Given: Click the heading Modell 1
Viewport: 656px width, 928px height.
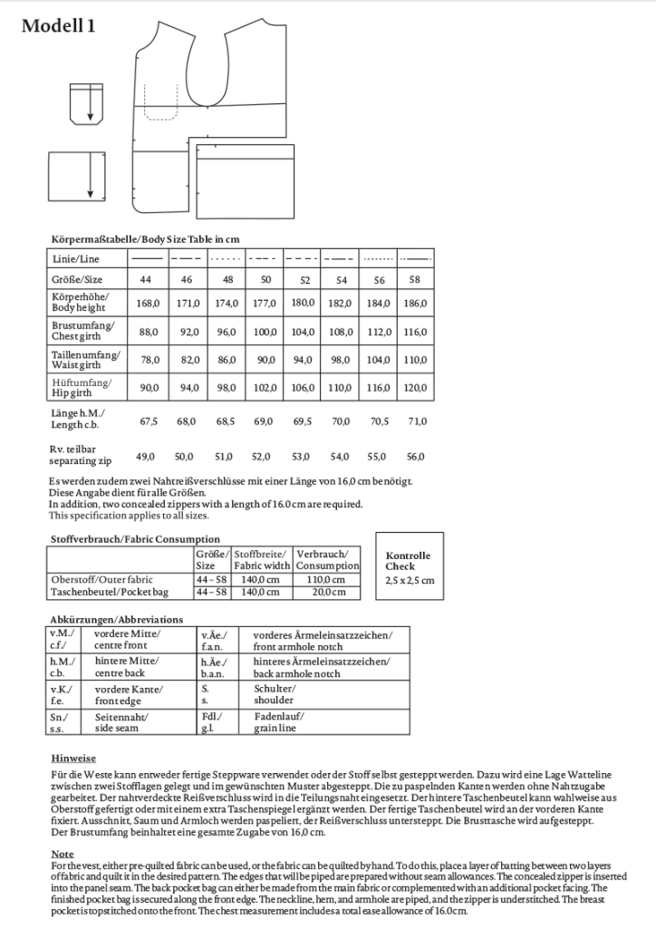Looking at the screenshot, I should [x=58, y=26].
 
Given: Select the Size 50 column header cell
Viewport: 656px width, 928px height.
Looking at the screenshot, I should [x=265, y=280].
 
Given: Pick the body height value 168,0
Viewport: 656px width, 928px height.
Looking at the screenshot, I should [x=148, y=302].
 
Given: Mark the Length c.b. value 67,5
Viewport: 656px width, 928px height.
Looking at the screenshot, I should [x=148, y=421].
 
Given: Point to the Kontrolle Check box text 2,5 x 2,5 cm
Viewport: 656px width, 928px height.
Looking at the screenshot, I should [x=410, y=579].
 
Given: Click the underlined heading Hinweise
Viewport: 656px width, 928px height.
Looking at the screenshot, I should [x=73, y=758].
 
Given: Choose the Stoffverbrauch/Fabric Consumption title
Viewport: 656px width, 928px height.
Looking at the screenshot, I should [x=134, y=539].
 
